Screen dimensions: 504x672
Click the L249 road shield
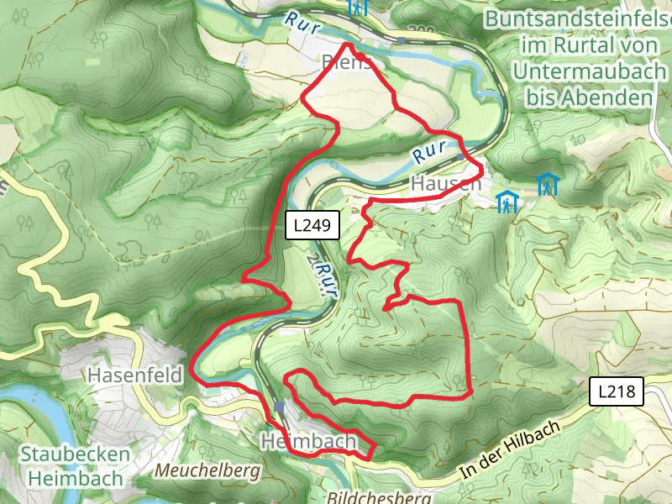pyautogui.click(x=313, y=225)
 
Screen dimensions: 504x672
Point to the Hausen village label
pyautogui.click(x=446, y=183)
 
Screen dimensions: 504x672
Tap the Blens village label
pyautogui.click(x=345, y=62)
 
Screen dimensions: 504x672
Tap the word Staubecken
pyautogui.click(x=76, y=454)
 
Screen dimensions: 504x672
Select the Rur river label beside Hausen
pyautogui.click(x=428, y=153)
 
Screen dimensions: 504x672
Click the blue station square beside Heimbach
pyautogui.click(x=279, y=407)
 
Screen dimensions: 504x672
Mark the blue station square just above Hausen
pyautogui.click(x=460, y=156)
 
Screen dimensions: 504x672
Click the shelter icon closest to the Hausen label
pyautogui.click(x=507, y=202)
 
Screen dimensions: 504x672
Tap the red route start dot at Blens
pyautogui.click(x=360, y=56)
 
